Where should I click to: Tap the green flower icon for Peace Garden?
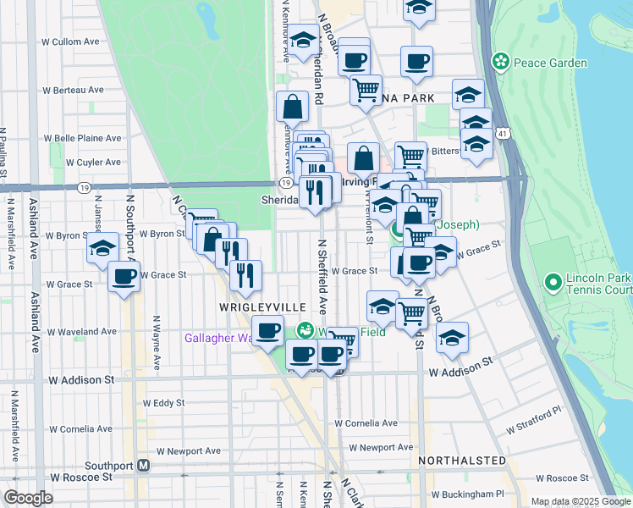[501, 62]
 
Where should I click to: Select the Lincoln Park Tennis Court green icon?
[553, 280]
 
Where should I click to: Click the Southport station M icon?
[144, 465]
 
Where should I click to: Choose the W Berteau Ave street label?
[74, 90]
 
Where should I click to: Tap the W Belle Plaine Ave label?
[83, 138]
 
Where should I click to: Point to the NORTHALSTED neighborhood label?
[462, 461]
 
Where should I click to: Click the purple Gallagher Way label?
[220, 338]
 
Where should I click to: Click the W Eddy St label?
[163, 403]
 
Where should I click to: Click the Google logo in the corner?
[28, 497]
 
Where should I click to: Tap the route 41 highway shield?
[504, 134]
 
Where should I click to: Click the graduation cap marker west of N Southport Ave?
[103, 247]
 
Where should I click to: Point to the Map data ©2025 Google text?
[580, 501]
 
